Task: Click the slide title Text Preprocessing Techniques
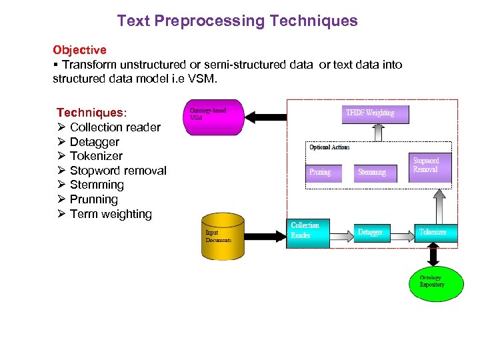click(x=237, y=21)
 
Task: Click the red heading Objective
click(x=79, y=50)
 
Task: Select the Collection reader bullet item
click(x=115, y=127)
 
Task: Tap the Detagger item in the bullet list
click(x=94, y=141)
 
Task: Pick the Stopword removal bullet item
click(x=117, y=171)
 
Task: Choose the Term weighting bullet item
click(x=110, y=214)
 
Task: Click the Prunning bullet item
click(x=93, y=199)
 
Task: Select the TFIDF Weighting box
click(x=375, y=114)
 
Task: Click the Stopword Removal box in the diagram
click(x=431, y=167)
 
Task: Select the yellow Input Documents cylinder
click(x=223, y=237)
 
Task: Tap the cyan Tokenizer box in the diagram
click(x=436, y=232)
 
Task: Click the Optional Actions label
click(x=329, y=147)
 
